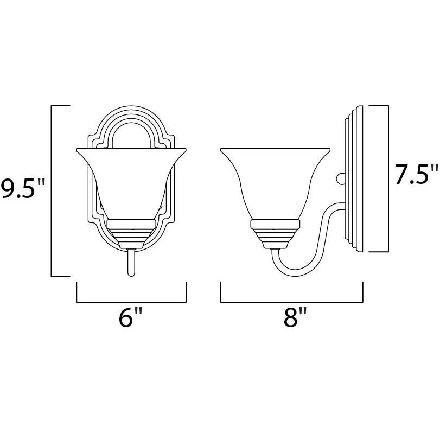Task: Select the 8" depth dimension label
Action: tap(295, 317)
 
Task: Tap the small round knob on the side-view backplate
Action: tap(341, 178)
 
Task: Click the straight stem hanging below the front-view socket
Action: tap(131, 263)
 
